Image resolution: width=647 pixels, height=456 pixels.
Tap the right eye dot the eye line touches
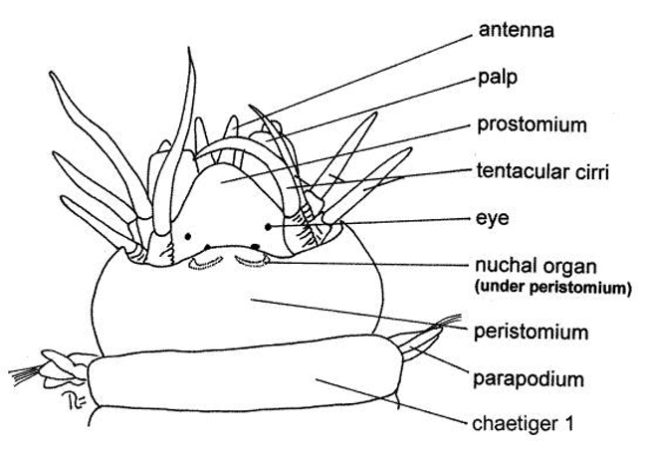click(x=269, y=227)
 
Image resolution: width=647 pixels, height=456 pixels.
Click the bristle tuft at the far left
click(x=22, y=376)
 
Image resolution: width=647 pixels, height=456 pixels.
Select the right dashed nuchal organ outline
click(x=251, y=262)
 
